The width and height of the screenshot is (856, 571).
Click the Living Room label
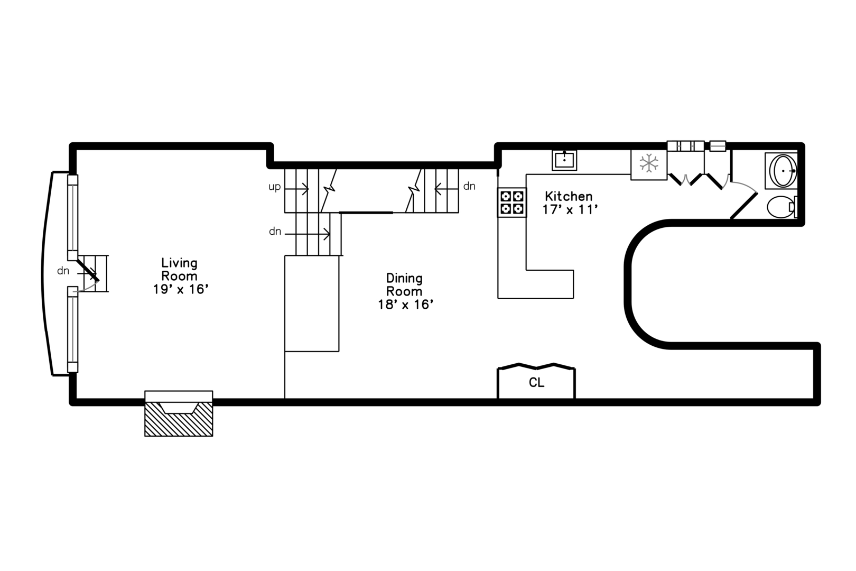click(180, 269)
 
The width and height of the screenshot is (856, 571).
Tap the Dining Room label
click(404, 284)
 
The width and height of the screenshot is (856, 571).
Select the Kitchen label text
click(569, 196)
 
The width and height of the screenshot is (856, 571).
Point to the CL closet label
click(536, 382)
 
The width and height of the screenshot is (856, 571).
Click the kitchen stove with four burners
click(512, 202)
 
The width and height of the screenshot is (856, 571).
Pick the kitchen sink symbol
click(564, 160)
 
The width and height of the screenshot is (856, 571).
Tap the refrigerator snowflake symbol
click(649, 163)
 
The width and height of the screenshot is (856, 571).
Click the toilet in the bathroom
click(780, 207)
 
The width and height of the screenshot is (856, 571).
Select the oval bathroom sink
click(783, 171)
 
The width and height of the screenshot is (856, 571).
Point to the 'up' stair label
click(275, 187)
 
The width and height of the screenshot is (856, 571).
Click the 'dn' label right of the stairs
click(469, 186)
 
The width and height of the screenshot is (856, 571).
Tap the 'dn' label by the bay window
click(63, 271)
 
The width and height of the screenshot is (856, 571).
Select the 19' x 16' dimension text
click(181, 289)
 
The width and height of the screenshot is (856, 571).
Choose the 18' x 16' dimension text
click(406, 305)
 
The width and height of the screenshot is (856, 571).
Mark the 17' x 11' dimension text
click(570, 210)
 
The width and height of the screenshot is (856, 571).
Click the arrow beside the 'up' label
click(296, 187)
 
